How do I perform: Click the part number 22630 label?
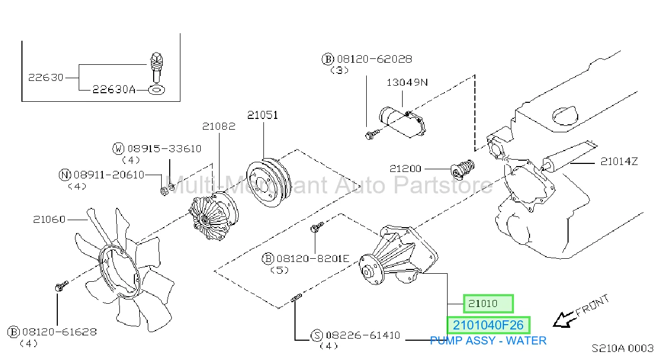tap(46, 78)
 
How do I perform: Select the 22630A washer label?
tap(114, 89)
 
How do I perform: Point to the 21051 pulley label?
tap(262, 115)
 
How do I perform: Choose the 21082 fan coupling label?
tap(219, 126)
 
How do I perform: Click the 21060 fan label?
tap(49, 220)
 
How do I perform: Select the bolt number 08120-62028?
tap(375, 59)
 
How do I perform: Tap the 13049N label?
tap(407, 82)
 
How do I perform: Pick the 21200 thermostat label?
tap(405, 169)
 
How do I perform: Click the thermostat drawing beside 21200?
tap(463, 169)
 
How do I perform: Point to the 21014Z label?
tap(619, 161)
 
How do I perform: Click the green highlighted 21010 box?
tap(488, 304)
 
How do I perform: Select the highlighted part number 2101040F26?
tap(488, 325)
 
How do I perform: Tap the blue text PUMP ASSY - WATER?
tap(488, 341)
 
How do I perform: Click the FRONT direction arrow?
tap(563, 320)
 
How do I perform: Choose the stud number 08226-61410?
tap(363, 335)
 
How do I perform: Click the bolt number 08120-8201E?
tap(313, 259)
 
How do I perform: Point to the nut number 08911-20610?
tap(109, 175)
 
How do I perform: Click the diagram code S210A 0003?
tap(622, 349)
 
